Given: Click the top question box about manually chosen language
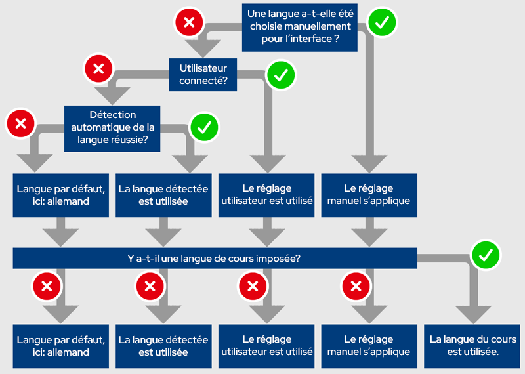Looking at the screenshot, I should [299, 27].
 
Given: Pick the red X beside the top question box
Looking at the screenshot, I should [189, 23].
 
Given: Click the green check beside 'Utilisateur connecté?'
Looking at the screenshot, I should [281, 75].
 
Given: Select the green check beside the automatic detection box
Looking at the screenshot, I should [204, 126].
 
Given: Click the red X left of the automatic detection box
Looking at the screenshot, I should [20, 123].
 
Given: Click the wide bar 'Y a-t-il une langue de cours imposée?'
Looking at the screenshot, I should [215, 258].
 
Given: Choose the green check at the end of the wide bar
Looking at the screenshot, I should [486, 255].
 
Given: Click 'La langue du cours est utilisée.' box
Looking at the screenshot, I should [472, 345].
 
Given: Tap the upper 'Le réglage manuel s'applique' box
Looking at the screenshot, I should [369, 195].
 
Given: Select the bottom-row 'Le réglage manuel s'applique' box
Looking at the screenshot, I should [369, 345].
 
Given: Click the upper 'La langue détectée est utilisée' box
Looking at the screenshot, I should [163, 195].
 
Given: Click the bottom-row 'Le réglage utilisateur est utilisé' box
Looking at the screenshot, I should [266, 345].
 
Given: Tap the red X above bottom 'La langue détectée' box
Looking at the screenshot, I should [150, 286].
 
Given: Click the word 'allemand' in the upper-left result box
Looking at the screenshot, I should [70, 201].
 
